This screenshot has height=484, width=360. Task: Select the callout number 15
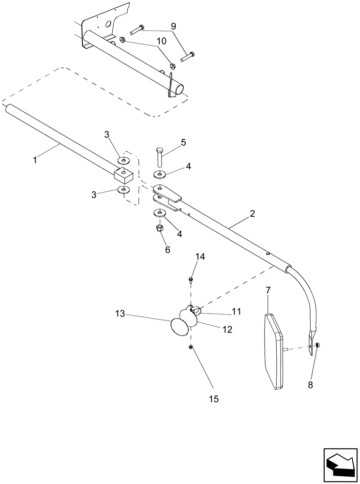214,399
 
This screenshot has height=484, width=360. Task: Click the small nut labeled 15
191,347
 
